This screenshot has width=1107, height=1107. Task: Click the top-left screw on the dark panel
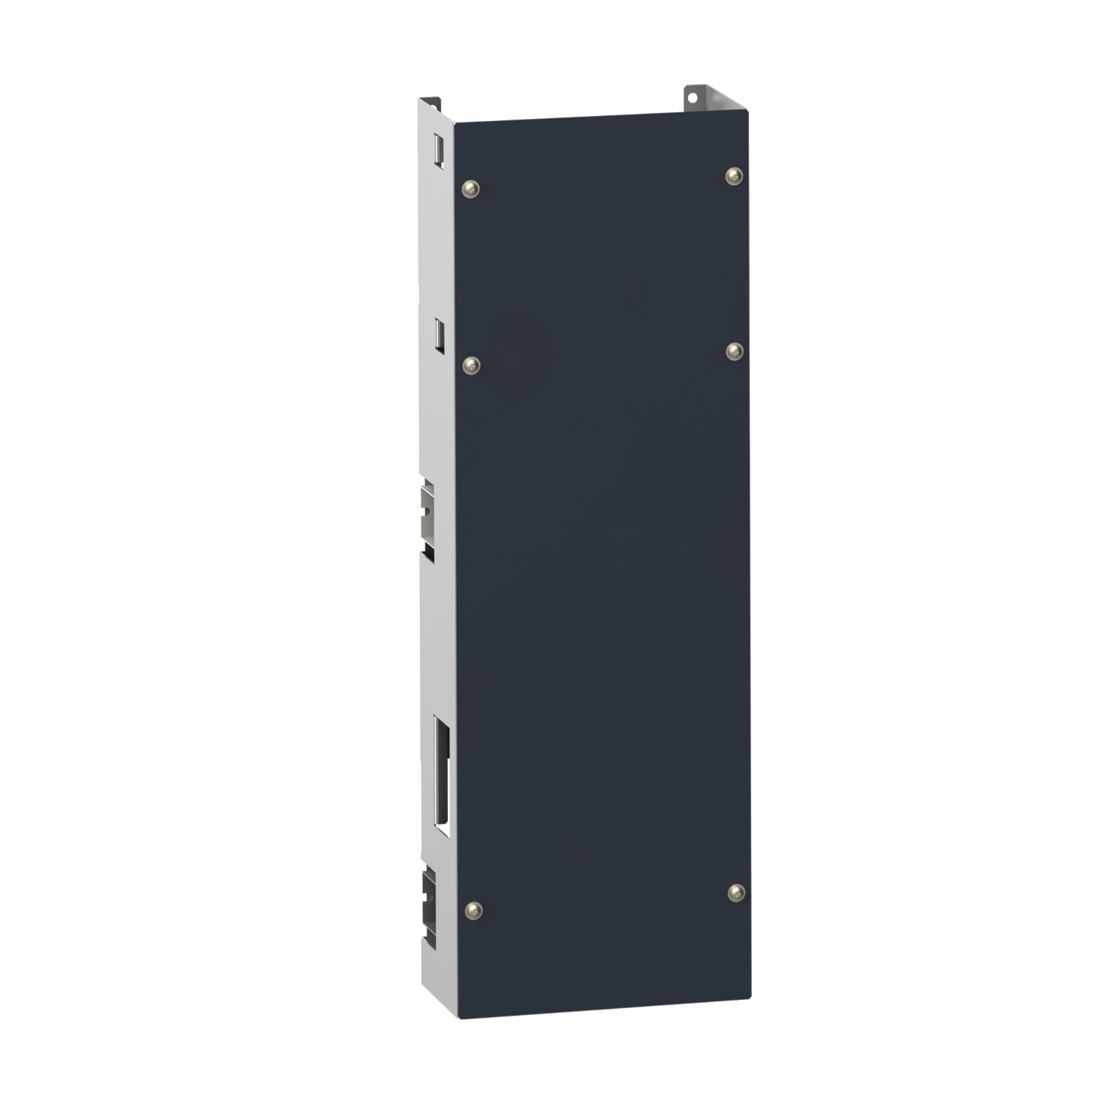pos(470,189)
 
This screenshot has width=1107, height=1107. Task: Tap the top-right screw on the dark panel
pos(734,176)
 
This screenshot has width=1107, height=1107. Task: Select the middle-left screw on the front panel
pos(471,365)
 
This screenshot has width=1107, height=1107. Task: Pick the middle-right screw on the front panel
pos(734,351)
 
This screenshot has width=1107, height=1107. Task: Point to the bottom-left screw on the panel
pos(473,910)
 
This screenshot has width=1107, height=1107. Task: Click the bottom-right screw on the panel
pos(736,893)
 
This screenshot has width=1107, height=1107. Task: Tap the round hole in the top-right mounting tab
pos(693,95)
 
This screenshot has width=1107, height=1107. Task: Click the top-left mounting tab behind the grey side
pos(430,103)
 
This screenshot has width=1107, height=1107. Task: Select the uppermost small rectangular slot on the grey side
pos(438,150)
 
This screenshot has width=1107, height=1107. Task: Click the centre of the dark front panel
pos(603,565)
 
